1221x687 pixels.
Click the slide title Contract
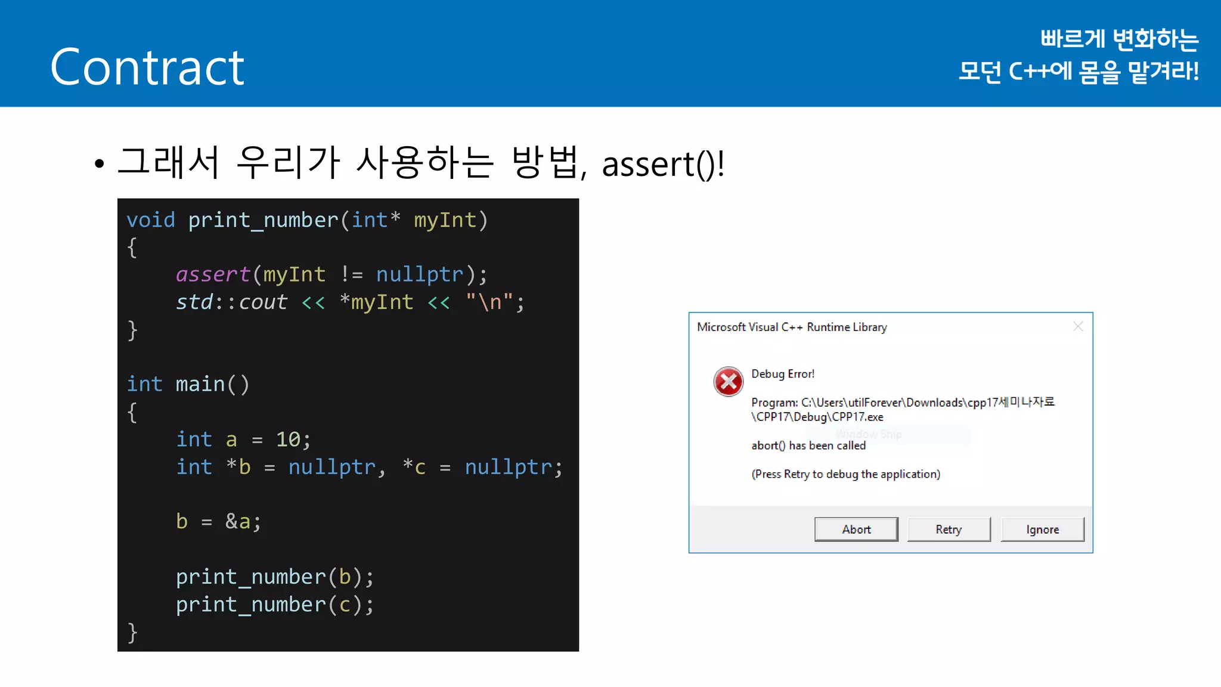(x=147, y=67)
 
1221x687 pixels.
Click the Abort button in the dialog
(x=856, y=530)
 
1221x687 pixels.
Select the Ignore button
(x=1042, y=530)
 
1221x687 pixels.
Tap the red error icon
(x=728, y=382)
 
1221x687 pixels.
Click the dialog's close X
(x=1077, y=327)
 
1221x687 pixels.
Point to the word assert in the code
(x=213, y=275)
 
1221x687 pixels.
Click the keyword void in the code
(x=151, y=221)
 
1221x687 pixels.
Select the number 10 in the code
(x=288, y=440)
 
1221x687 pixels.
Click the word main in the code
(x=200, y=385)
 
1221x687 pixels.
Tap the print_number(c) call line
(x=274, y=605)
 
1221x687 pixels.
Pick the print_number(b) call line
(x=274, y=577)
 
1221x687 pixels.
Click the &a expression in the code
(x=238, y=522)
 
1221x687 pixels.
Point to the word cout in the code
(x=263, y=302)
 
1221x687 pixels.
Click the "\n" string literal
(x=489, y=302)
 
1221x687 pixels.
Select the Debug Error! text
(x=782, y=374)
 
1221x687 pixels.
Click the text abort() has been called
(x=808, y=445)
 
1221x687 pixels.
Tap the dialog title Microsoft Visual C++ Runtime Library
(x=792, y=327)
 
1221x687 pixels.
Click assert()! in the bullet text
(x=663, y=165)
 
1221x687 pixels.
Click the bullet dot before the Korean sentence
(x=99, y=164)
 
